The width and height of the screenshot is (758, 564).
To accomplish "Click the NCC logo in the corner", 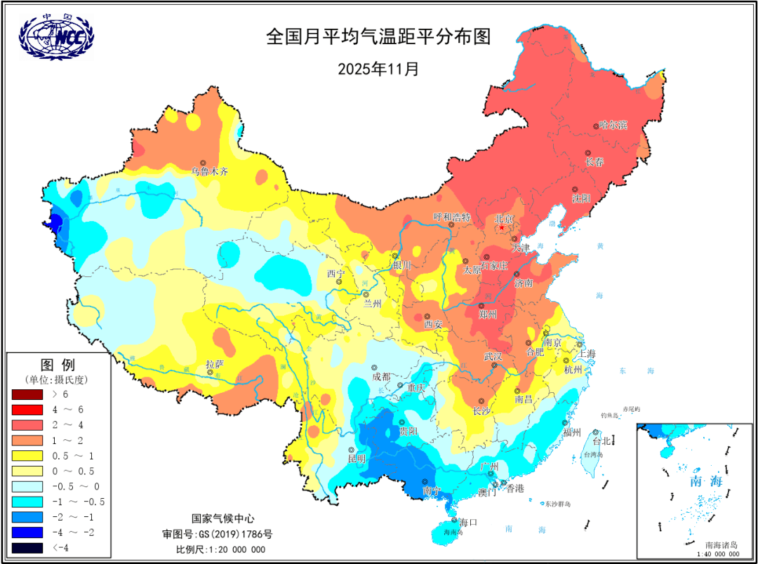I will click(x=55, y=34).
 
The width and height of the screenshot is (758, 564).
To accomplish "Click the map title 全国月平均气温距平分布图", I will click(x=378, y=37).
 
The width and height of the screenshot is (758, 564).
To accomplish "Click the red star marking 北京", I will click(x=502, y=227).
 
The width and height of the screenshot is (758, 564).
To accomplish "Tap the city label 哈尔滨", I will click(x=613, y=126).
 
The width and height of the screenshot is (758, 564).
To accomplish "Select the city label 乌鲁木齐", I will click(x=210, y=170).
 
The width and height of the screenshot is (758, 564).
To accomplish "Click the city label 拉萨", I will click(x=215, y=363).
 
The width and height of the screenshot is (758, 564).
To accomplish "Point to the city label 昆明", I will click(x=357, y=459).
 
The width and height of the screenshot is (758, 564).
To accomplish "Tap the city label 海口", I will click(x=468, y=522).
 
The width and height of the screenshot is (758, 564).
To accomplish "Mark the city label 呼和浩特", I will click(x=452, y=217).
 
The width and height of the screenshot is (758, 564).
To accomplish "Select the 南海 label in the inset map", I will click(x=686, y=481).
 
